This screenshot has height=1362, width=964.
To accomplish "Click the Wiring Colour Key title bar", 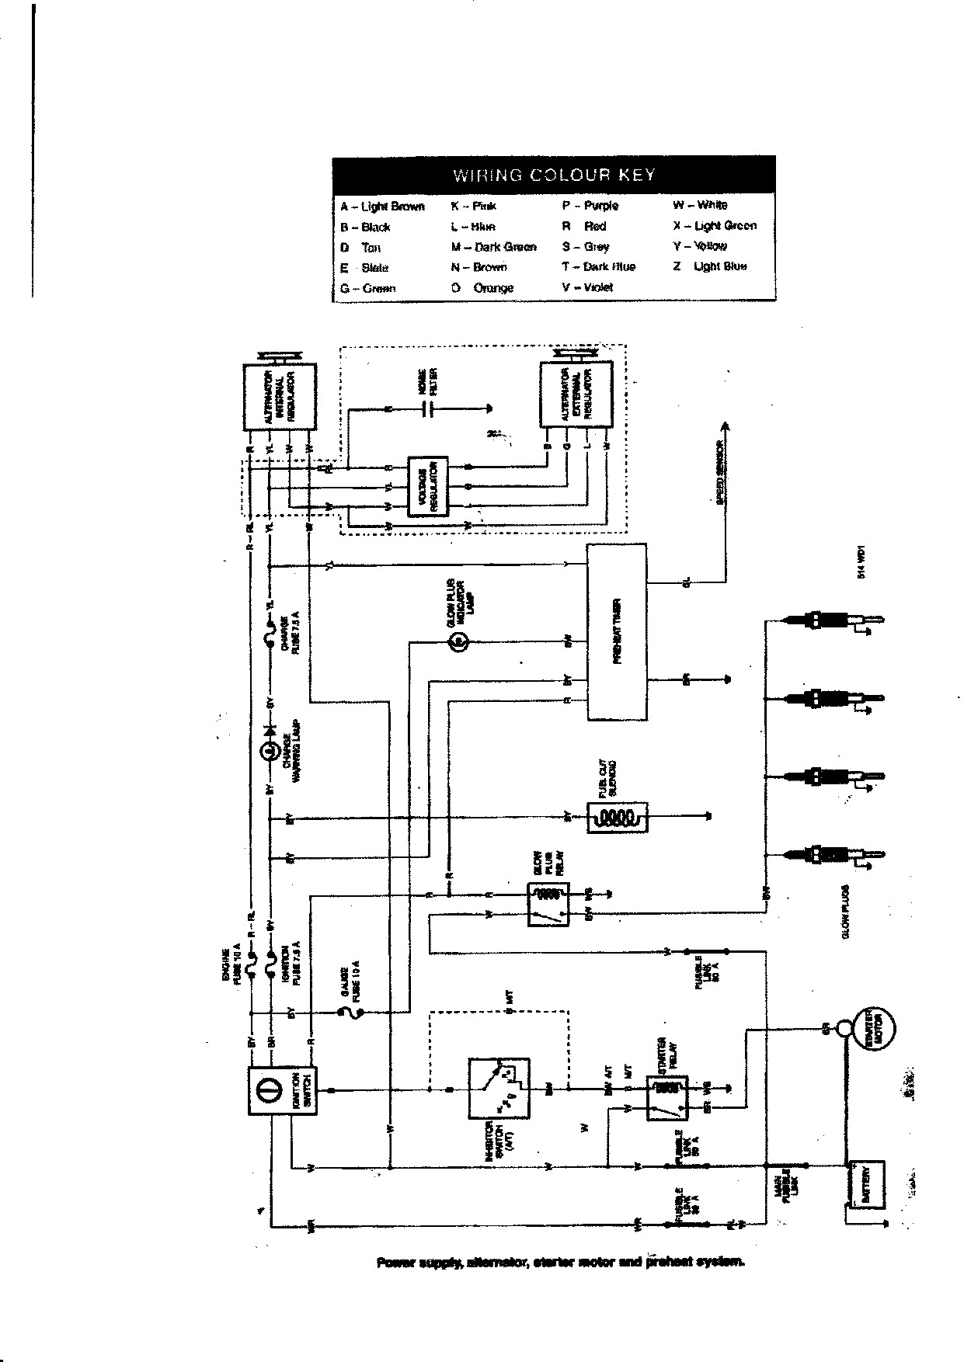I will [x=553, y=175].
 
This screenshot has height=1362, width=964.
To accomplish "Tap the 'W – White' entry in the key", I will [x=700, y=205].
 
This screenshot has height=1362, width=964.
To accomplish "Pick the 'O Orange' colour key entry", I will [x=482, y=287].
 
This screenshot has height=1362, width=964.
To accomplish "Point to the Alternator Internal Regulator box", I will [x=280, y=396].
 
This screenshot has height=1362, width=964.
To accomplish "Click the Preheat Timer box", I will [x=616, y=631].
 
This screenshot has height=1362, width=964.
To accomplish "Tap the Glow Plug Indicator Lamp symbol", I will [x=458, y=641].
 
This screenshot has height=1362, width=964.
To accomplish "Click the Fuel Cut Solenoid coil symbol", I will [x=615, y=817].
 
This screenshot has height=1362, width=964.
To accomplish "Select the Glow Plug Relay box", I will [x=548, y=904].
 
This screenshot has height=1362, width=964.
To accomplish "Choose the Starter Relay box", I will [x=666, y=1098].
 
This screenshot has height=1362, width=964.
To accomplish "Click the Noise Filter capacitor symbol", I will [x=426, y=408].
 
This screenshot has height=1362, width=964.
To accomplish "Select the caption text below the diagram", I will [x=561, y=1262].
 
